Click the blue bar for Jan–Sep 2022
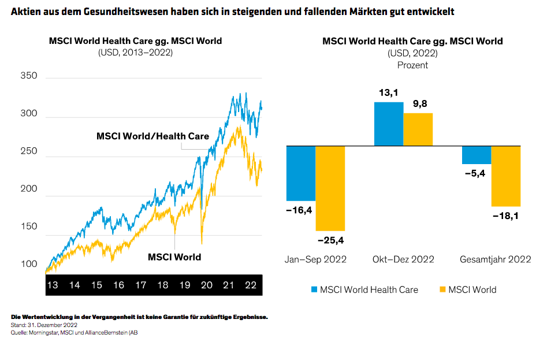(x=301, y=173)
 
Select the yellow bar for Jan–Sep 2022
(x=330, y=188)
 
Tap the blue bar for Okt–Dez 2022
(x=389, y=124)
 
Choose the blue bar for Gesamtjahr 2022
(x=477, y=155)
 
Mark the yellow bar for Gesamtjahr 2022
(x=506, y=176)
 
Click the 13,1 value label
(x=389, y=92)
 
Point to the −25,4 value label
(x=331, y=240)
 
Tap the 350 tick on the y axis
(x=28, y=76)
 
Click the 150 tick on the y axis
(x=28, y=227)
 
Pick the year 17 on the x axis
(x=140, y=285)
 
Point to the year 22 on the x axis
(x=251, y=285)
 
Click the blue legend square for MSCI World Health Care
(x=314, y=290)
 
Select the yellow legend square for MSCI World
(x=442, y=290)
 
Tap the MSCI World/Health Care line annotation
(x=152, y=136)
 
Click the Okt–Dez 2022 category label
(x=403, y=259)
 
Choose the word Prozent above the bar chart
(x=412, y=65)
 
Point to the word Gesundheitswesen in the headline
(x=105, y=12)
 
